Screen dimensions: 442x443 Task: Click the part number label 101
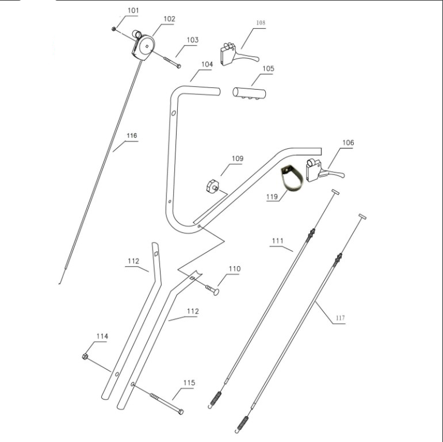point(133,11)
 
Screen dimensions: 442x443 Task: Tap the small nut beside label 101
point(114,28)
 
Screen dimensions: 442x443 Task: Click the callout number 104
point(207,64)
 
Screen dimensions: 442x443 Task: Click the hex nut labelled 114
point(86,357)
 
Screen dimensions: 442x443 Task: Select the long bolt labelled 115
point(167,403)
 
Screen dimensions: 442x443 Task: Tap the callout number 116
point(132,136)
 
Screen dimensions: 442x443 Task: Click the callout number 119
point(272,197)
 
